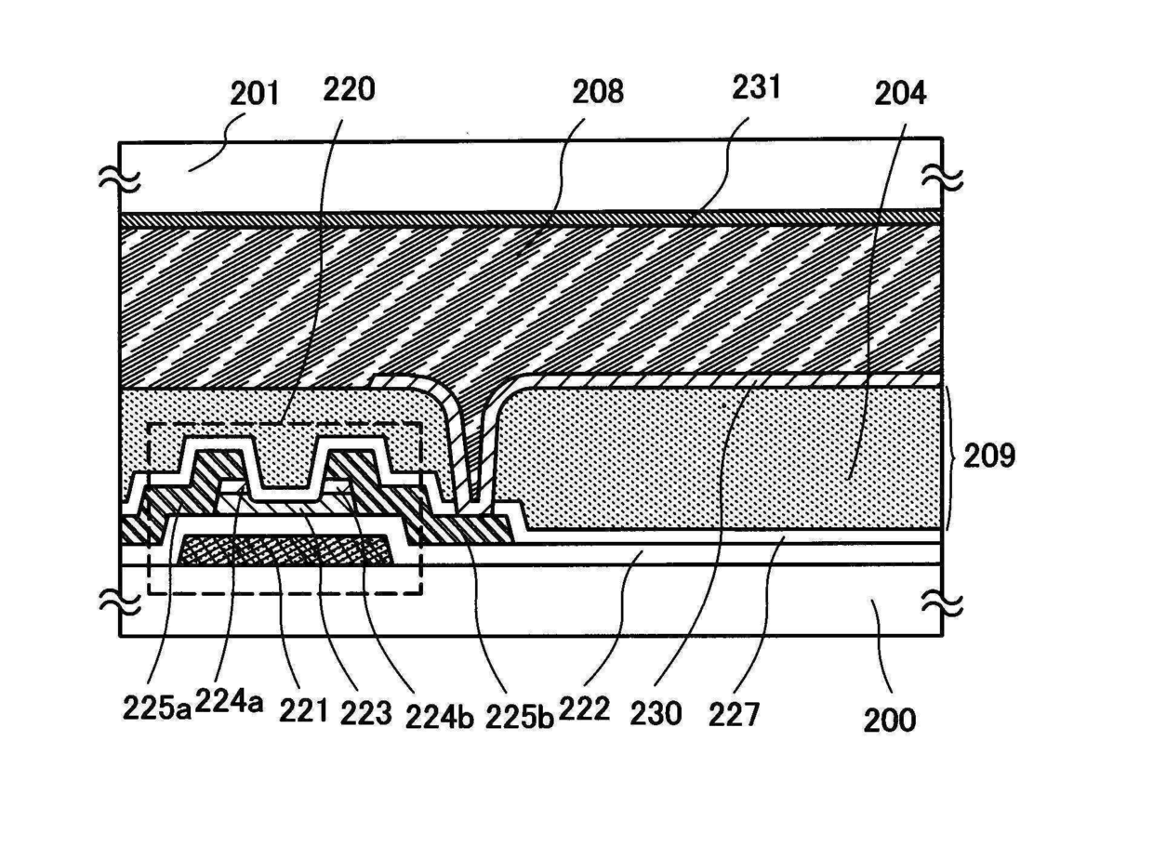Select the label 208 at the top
click(599, 92)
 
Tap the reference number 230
click(656, 713)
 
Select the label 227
click(735, 713)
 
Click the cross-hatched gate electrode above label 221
click(286, 550)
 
